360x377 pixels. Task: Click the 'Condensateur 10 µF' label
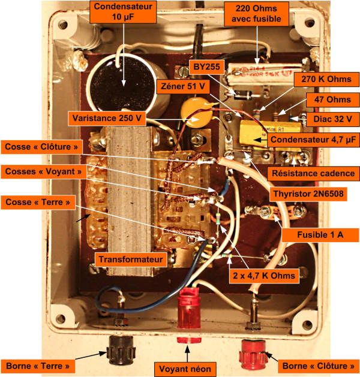(x=123, y=12)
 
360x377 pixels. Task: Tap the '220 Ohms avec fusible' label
(x=256, y=14)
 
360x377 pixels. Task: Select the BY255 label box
(x=207, y=67)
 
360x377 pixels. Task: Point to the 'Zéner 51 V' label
(x=183, y=86)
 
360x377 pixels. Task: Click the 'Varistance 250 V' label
(x=107, y=118)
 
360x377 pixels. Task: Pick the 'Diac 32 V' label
(x=333, y=119)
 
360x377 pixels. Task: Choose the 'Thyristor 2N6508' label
(x=308, y=194)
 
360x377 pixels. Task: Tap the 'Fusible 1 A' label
(x=320, y=235)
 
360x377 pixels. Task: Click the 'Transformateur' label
(x=131, y=260)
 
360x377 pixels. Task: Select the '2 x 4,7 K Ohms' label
(x=264, y=276)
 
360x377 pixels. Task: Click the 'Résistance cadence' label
(x=313, y=173)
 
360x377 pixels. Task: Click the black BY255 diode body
(x=243, y=95)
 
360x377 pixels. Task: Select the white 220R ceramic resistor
(x=265, y=73)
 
